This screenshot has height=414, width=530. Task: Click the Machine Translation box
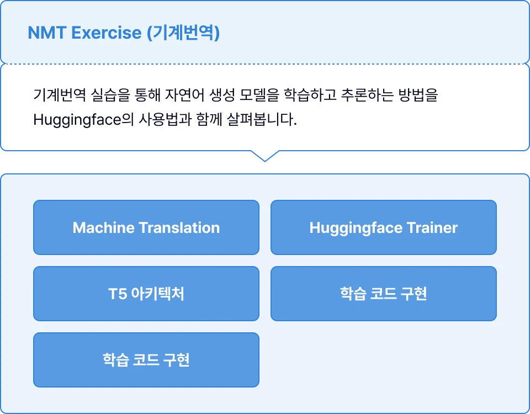point(146,227)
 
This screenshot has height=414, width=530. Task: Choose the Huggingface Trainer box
point(384,227)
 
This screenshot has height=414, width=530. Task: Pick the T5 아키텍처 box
point(146,294)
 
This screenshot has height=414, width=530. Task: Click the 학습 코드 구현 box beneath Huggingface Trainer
point(384,294)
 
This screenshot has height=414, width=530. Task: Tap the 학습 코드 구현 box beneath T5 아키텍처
point(146,360)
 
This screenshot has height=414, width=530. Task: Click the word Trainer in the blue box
point(432,227)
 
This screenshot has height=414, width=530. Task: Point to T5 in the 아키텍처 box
point(118,294)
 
